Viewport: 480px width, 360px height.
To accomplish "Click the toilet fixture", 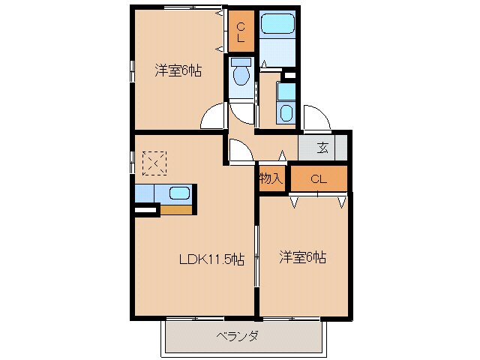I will point(241,75).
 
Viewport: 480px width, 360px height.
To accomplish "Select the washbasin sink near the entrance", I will point(286,112).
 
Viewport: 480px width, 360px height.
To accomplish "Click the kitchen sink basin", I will point(179,193).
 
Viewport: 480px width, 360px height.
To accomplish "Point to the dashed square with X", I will point(154,162).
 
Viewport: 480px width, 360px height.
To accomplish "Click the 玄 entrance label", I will point(322,148).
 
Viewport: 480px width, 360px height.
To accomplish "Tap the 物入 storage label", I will point(271,178).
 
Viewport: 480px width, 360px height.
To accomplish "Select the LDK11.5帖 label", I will point(211,259).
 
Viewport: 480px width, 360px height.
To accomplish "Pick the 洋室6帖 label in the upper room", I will point(178,70).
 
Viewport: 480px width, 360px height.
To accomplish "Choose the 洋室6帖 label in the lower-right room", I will point(302,256).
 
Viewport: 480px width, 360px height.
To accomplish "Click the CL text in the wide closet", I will point(318,178).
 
